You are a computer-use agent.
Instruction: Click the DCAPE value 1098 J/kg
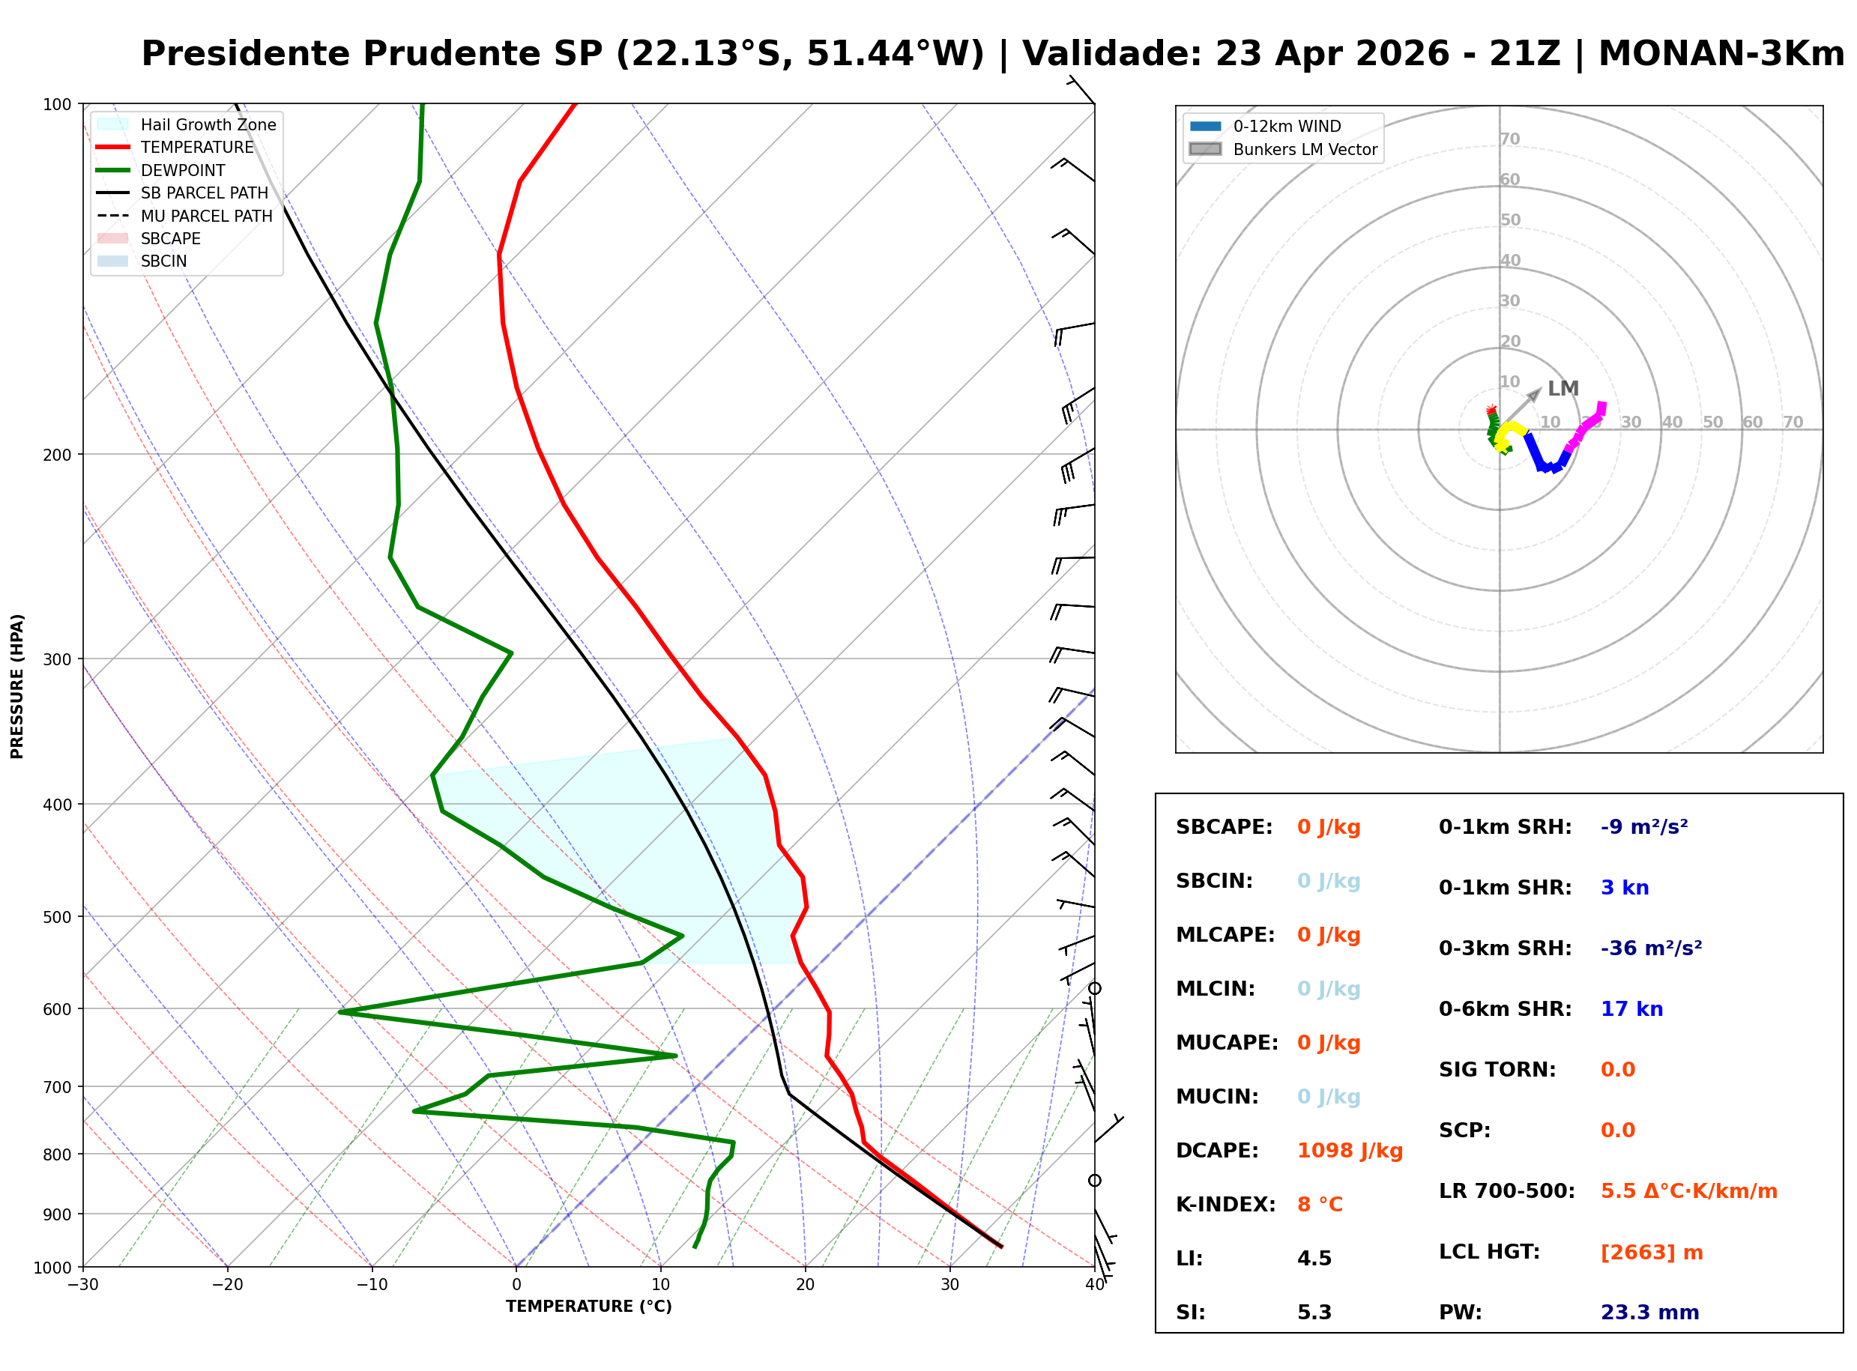[1349, 1151]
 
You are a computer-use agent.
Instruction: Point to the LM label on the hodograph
[1562, 388]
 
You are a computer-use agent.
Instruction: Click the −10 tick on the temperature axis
[371, 1285]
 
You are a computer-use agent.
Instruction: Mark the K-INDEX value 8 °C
[1319, 1204]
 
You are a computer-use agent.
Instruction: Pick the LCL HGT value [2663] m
[1651, 1253]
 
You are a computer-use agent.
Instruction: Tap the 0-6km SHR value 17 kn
[1631, 1009]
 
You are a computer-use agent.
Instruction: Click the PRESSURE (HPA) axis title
[17, 686]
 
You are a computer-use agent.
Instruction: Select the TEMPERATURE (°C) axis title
[588, 1307]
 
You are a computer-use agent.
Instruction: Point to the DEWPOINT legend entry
[183, 170]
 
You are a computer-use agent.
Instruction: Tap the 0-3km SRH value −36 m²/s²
[1650, 948]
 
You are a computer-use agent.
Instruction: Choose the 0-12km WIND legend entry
[1286, 126]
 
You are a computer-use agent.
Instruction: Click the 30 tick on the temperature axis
[949, 1285]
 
